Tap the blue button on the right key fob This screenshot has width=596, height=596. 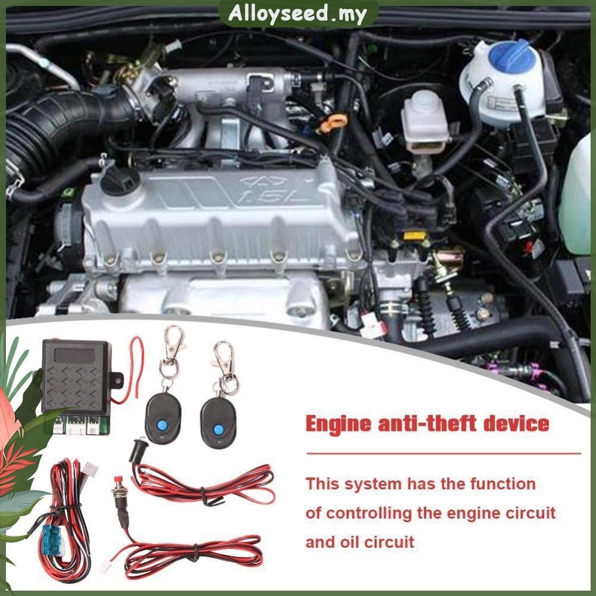pos(217,429)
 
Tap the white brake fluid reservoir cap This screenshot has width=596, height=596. pos(424,104)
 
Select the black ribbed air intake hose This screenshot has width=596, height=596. pos(57,124)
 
